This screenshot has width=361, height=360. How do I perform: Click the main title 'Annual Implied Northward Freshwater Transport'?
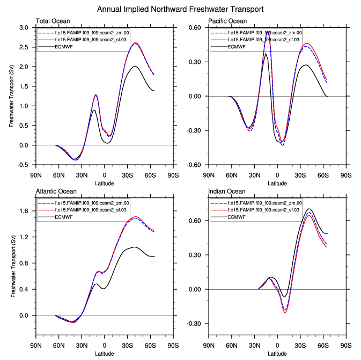[180, 9]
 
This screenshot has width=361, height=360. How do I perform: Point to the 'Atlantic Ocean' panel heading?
[56, 192]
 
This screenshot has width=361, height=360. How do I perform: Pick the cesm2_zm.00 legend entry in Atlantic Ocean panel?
[85, 203]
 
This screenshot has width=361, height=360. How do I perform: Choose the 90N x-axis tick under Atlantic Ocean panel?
[36, 346]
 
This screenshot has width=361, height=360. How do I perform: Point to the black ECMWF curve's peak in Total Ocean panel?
[135, 67]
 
